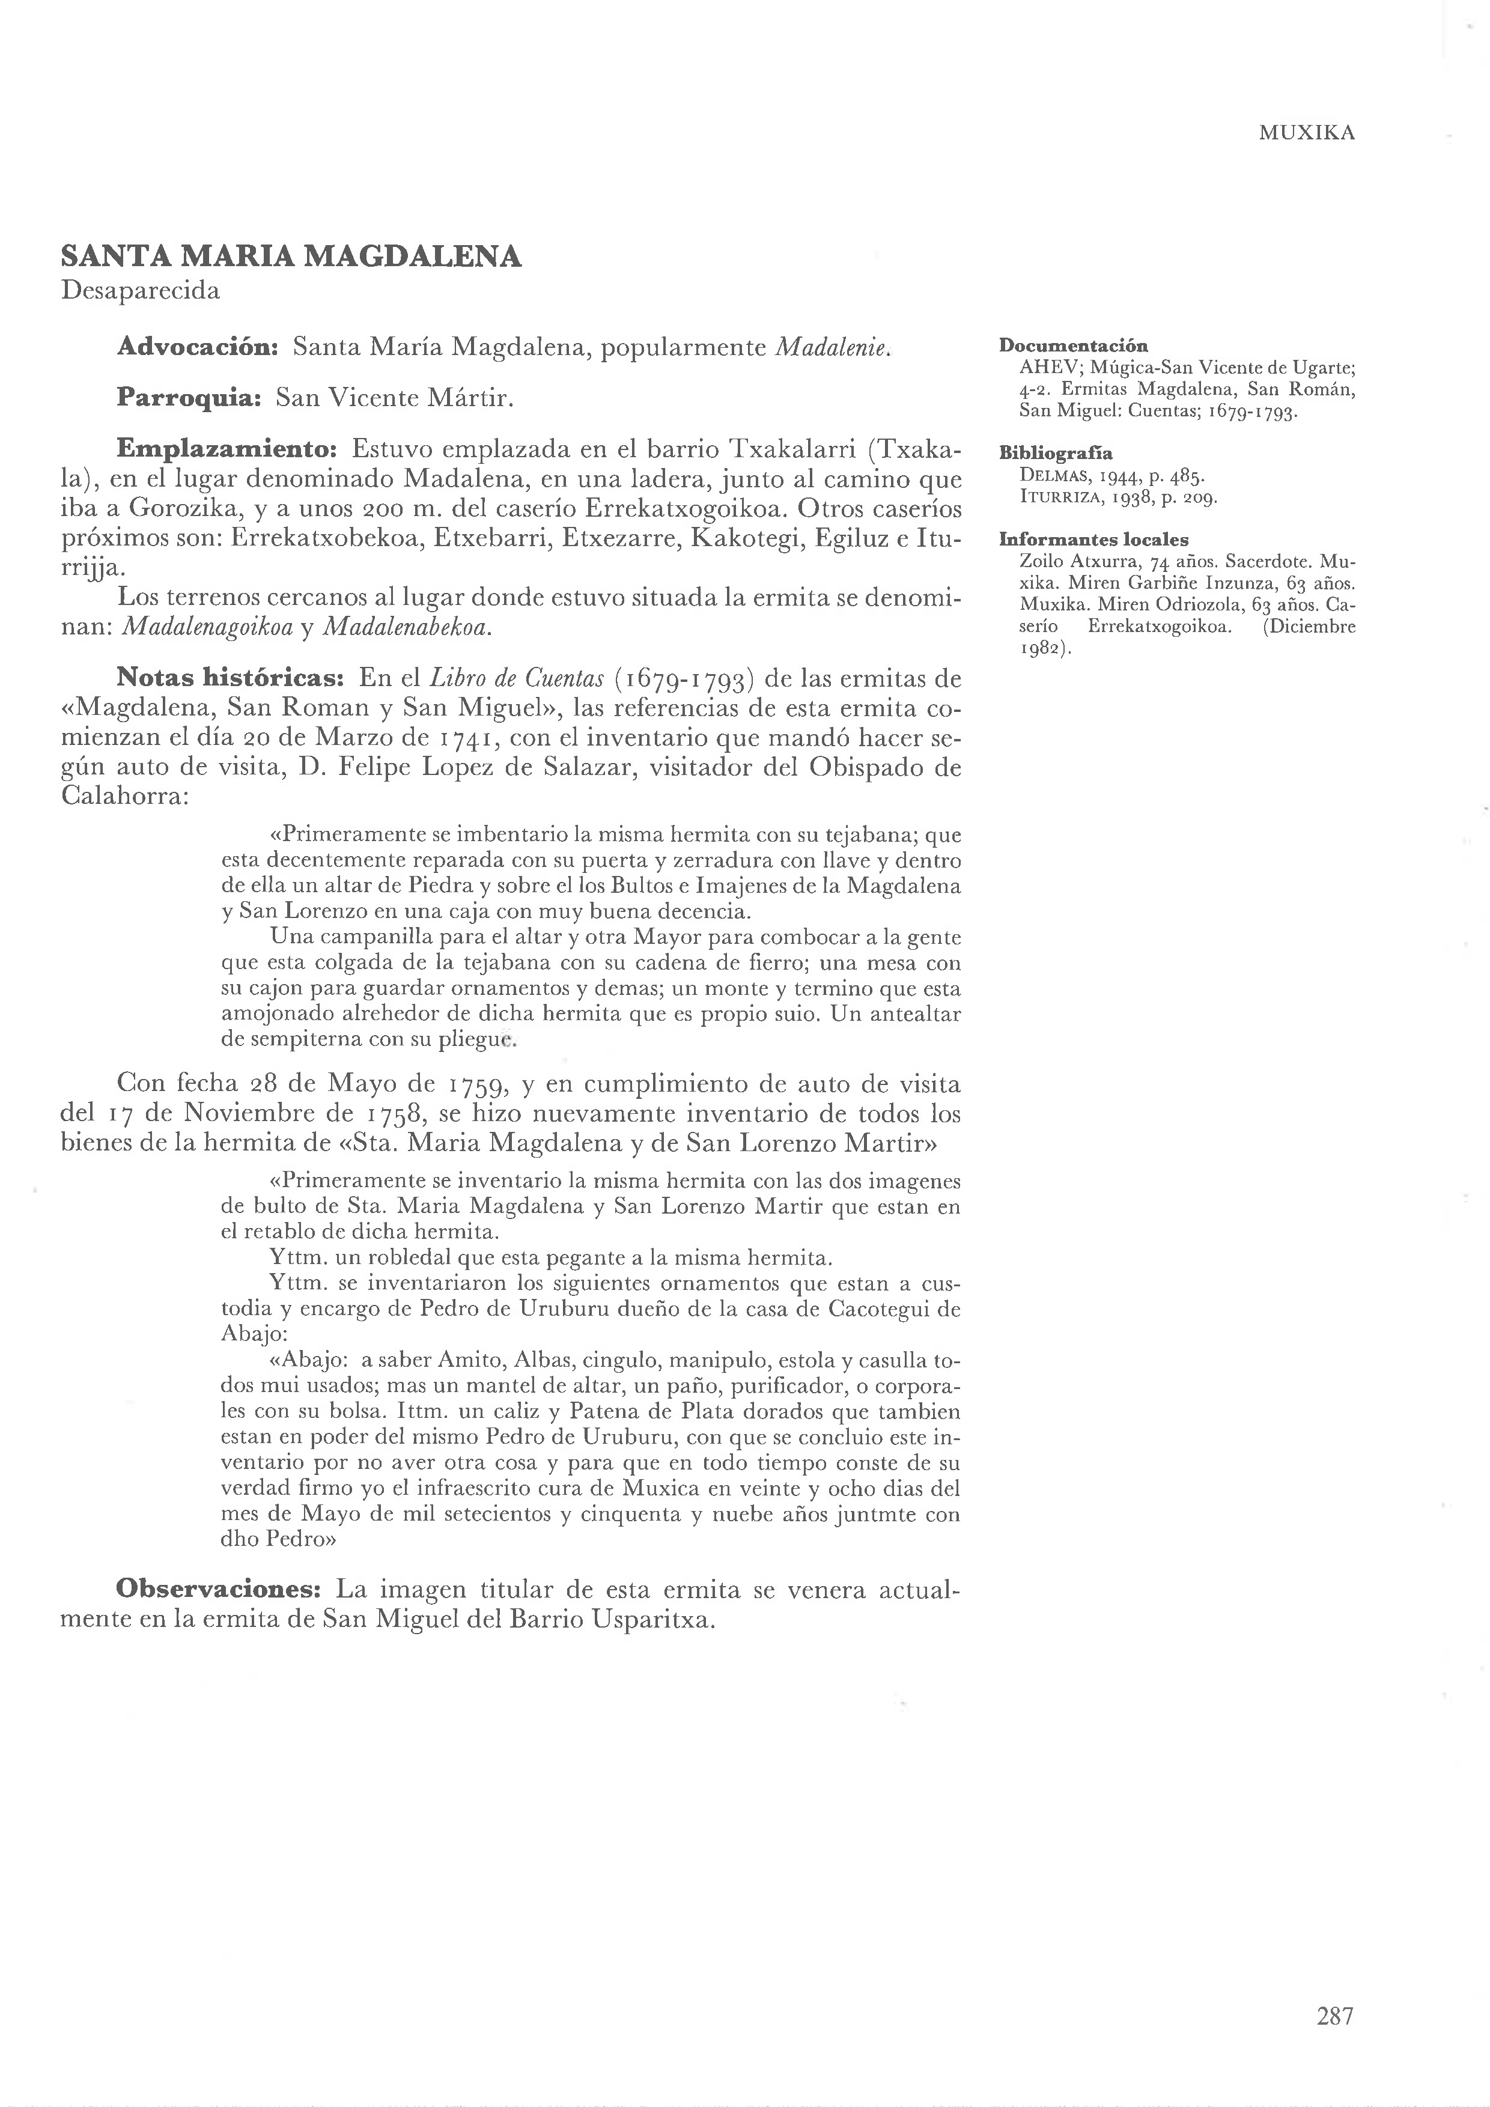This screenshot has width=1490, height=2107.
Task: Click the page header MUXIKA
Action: point(1307,133)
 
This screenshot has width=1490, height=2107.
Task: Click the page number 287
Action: point(1335,2015)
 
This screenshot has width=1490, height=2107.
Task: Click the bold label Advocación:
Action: point(198,347)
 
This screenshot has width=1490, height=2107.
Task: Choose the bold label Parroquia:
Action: point(190,397)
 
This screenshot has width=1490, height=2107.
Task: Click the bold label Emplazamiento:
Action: point(228,449)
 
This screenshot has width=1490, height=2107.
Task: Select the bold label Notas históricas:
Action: point(230,677)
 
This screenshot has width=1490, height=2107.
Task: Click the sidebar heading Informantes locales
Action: point(1093,540)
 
